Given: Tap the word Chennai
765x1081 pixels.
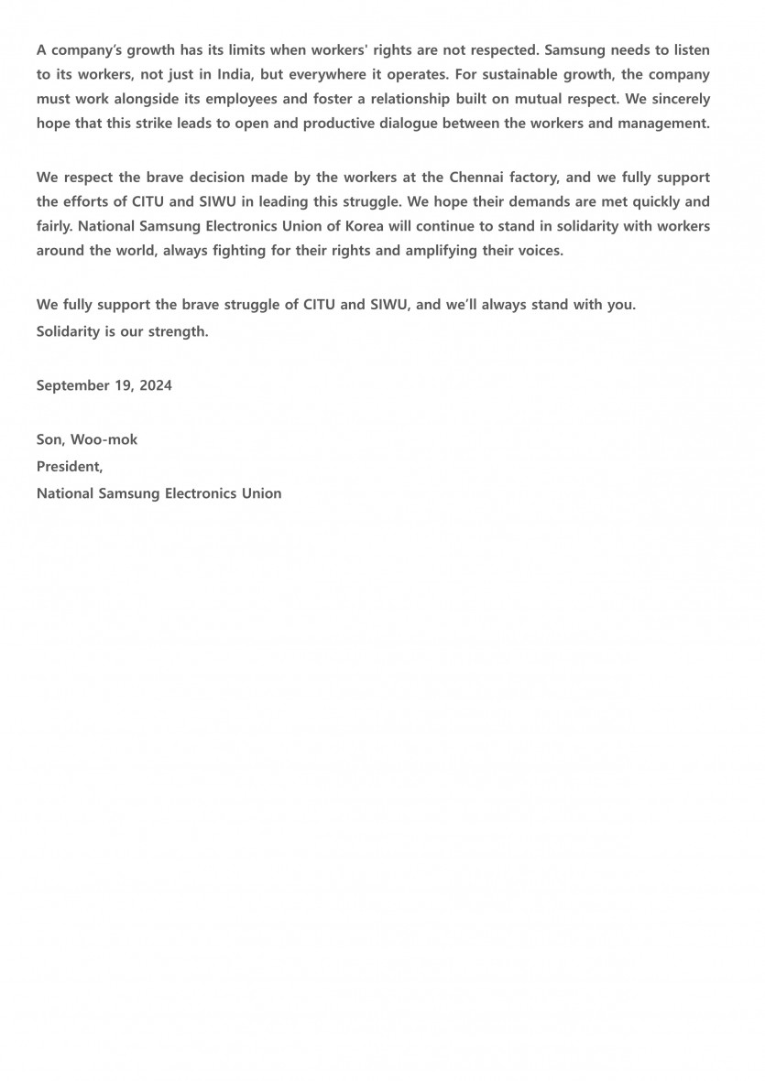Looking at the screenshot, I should coord(479,177).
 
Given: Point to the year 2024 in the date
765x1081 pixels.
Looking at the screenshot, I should coord(156,385).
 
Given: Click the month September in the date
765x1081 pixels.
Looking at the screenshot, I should coord(73,385).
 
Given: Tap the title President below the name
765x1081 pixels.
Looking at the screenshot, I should coord(69,466).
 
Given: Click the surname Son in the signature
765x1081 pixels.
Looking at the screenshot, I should coord(50,439).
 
